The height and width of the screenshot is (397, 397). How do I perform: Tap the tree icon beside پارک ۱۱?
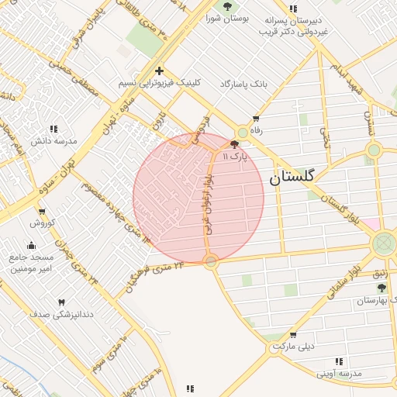click(x=234, y=144)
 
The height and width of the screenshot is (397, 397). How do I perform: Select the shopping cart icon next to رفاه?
click(x=256, y=119)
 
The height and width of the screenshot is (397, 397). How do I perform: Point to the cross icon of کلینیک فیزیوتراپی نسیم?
click(x=159, y=71)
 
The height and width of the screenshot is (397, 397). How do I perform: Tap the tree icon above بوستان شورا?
click(x=227, y=7)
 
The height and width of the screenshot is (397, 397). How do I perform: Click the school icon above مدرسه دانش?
click(x=54, y=129)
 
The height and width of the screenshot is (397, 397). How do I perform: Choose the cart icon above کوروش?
click(x=42, y=211)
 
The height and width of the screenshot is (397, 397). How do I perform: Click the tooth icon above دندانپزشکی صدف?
click(x=61, y=302)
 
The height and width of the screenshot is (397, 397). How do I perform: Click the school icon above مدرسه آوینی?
click(x=338, y=361)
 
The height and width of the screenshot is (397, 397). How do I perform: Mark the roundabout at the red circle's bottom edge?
click(x=211, y=263)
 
